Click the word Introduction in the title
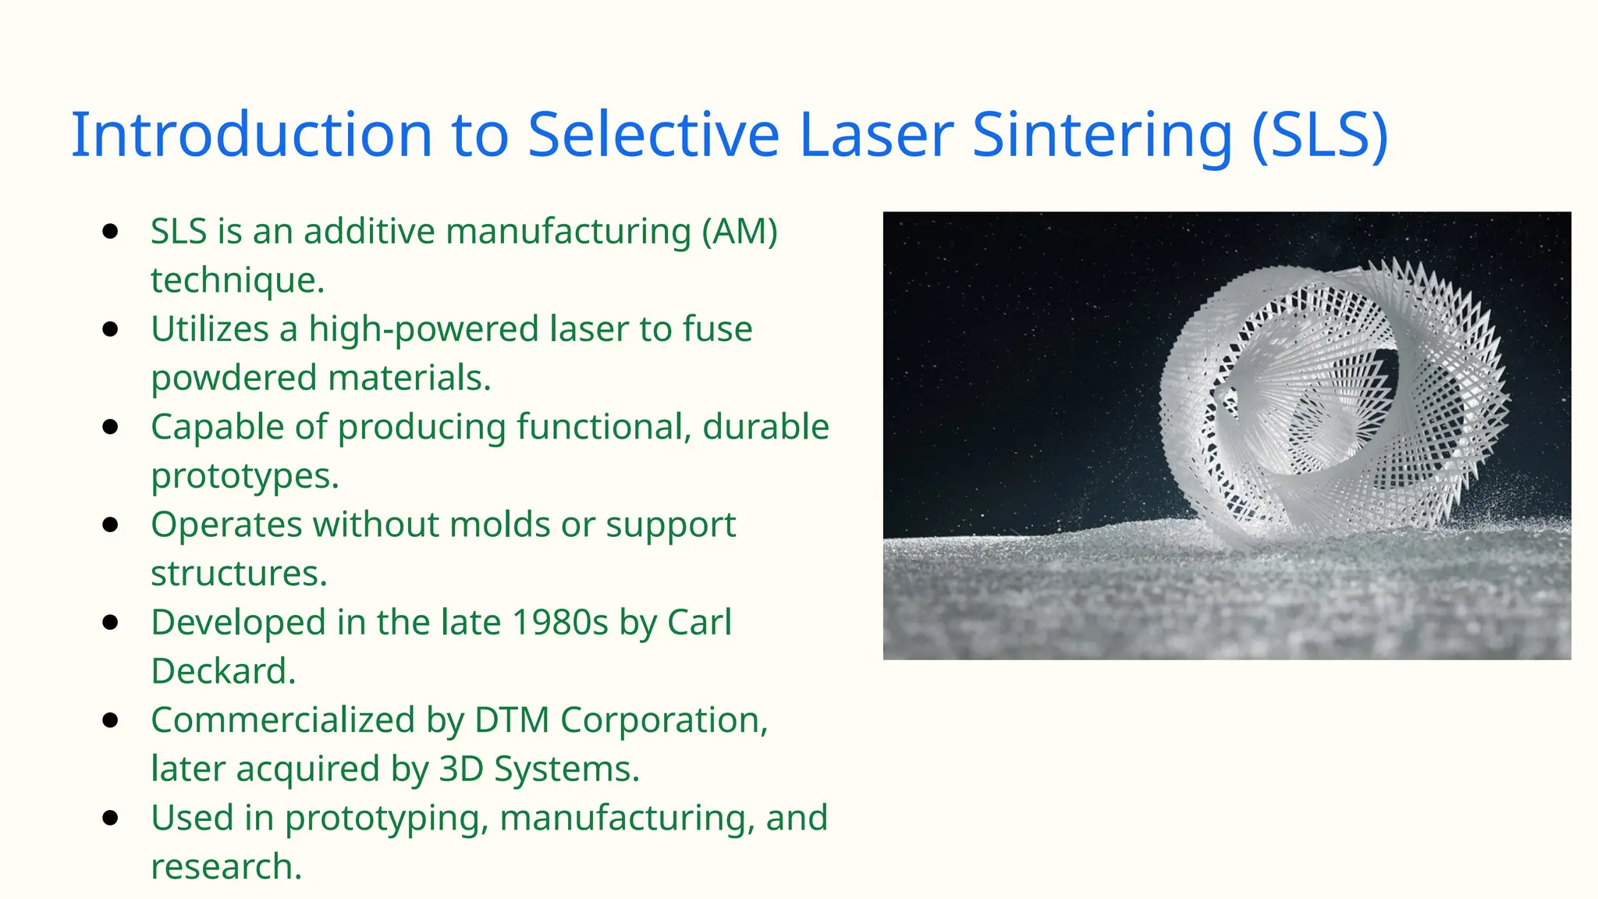251,135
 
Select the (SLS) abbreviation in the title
1320,135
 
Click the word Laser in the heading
876,135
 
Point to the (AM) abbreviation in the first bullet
739,232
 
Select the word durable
765,427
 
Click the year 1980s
559,623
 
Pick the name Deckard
222,671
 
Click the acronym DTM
511,720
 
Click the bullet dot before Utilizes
110,329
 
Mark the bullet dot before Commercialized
110,720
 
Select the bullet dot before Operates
110,524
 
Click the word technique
237,280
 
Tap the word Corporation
664,720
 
